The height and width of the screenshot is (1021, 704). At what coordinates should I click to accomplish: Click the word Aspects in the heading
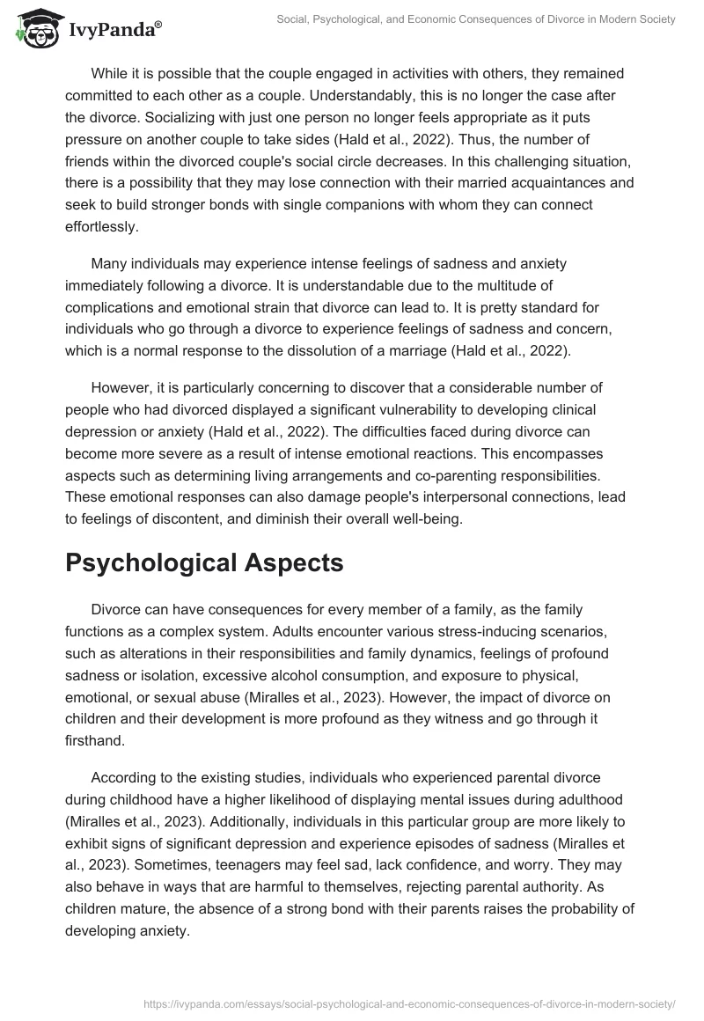[x=295, y=563]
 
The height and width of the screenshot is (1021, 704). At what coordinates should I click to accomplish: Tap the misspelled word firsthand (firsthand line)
[x=93, y=740]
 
